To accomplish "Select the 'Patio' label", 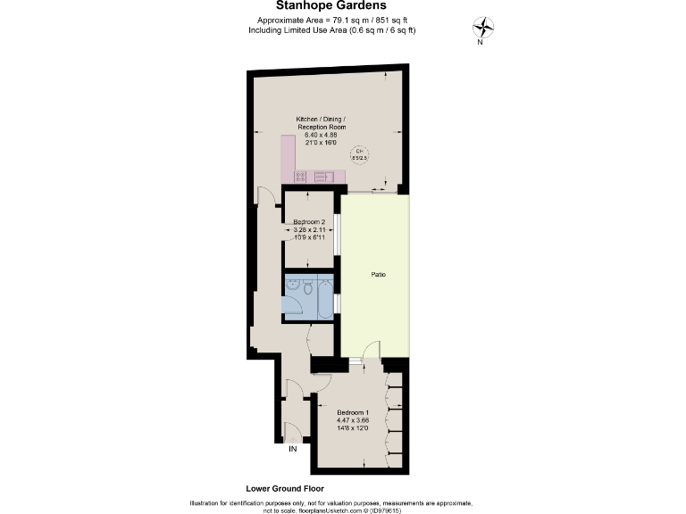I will [378, 275].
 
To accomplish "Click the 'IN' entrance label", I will [292, 449].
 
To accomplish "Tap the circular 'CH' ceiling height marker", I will [358, 153].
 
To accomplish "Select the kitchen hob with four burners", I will [301, 176].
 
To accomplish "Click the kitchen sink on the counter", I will [322, 176].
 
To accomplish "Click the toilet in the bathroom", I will [306, 287].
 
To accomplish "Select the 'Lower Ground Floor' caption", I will [284, 489].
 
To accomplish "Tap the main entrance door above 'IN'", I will [290, 430].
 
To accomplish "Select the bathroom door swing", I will [308, 336].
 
